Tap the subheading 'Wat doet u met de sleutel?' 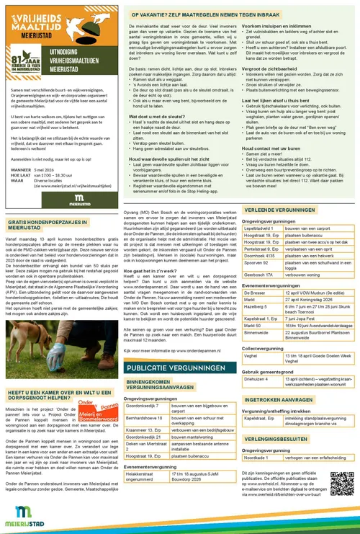155,115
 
